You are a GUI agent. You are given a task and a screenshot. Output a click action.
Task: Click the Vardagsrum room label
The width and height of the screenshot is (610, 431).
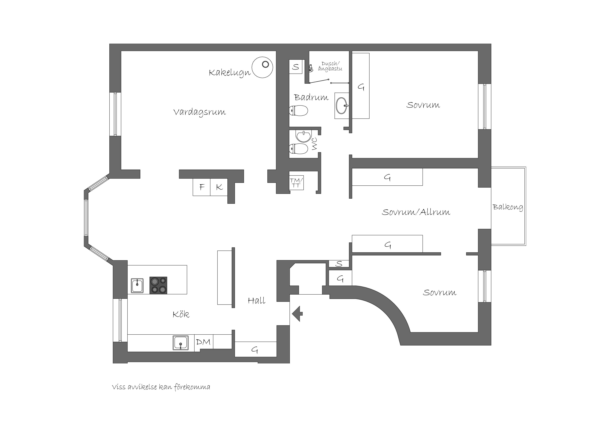click(x=199, y=112)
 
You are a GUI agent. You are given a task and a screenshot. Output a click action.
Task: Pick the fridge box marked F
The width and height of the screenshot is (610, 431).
click(x=202, y=187)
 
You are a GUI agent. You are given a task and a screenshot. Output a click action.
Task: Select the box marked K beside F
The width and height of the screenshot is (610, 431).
click(x=219, y=187)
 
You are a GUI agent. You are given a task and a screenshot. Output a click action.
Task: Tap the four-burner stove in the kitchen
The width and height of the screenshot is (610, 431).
click(x=158, y=286)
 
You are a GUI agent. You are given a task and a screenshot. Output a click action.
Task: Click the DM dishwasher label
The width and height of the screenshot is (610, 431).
click(x=203, y=342)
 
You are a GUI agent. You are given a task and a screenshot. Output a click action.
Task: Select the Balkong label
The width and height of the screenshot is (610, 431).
click(x=508, y=207)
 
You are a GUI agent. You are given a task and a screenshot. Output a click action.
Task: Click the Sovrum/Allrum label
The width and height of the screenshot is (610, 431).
click(x=416, y=212)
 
